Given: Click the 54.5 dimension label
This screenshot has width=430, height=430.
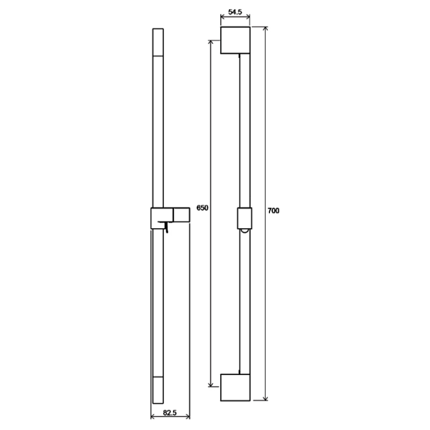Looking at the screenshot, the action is point(235,12).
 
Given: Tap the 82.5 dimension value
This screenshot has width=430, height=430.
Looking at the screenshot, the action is point(170,412).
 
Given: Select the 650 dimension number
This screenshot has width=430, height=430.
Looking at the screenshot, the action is point(203,208).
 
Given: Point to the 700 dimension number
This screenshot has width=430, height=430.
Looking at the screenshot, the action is point(273,211).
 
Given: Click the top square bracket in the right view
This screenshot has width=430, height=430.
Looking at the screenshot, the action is point(235,40).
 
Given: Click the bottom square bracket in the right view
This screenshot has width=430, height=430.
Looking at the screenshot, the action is point(235,387).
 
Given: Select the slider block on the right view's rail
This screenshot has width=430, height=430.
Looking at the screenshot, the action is point(245,218).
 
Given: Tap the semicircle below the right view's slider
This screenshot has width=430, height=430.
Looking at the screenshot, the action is point(245,231).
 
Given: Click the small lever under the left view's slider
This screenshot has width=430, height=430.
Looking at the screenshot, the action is point(166,227).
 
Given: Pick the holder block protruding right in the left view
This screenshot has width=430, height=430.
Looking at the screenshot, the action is point(182,215).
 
